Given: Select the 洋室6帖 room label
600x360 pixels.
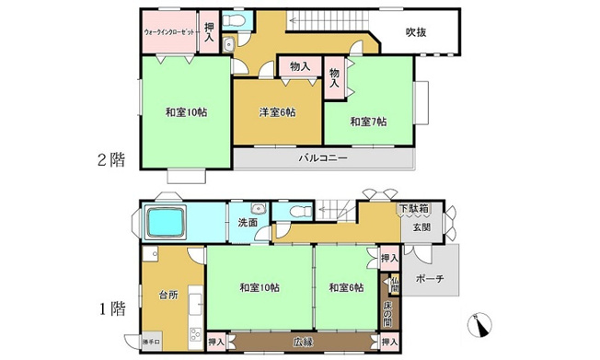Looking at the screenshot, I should click(276, 112).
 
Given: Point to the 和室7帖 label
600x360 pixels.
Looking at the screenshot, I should click(368, 122).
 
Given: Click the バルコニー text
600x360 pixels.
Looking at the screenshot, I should click(322, 157).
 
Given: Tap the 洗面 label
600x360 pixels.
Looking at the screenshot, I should click(248, 223).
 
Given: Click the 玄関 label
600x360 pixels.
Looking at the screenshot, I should click(421, 226).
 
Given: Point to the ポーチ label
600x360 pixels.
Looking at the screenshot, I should click(429, 278).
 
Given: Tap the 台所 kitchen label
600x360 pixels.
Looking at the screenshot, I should click(166, 296).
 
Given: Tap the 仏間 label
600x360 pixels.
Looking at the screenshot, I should click(394, 285).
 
